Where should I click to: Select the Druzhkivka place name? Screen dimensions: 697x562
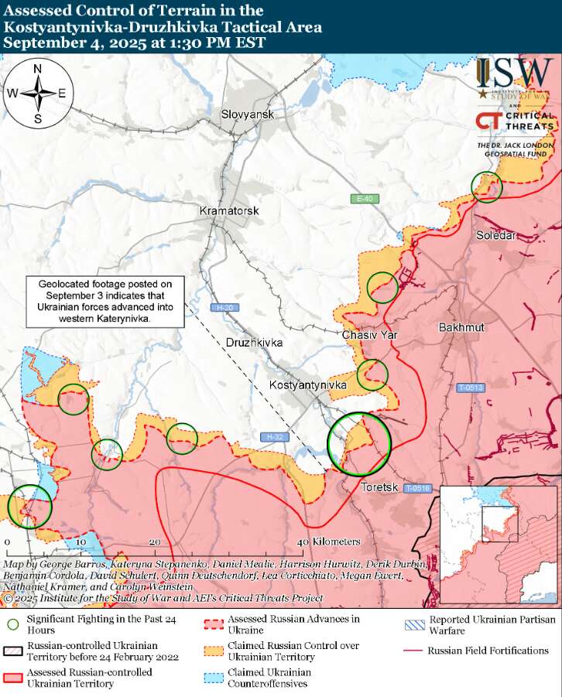pos(255,342)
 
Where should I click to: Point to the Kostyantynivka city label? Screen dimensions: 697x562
pos(303,384)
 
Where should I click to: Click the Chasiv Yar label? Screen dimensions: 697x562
pos(370,335)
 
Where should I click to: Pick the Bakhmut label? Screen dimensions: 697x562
pos(461,327)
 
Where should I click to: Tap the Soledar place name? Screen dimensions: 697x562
pos(496,235)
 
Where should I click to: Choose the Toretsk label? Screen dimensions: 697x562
pos(379,487)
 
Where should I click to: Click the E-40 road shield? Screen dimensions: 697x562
pos(364,200)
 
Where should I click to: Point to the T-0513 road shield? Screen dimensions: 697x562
pos(469,388)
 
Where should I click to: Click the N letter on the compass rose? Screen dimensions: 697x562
pos(38,70)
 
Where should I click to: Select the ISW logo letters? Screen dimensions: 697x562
pos(515,74)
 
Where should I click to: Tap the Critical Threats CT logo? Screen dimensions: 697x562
pos(488,122)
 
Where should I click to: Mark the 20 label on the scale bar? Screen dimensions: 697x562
pos(155,542)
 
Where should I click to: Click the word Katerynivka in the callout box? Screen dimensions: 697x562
pos(128,318)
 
